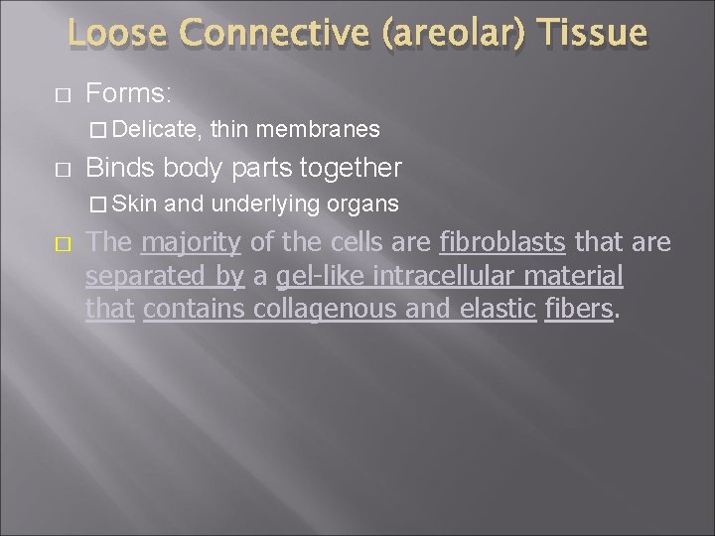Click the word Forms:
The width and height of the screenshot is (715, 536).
tap(130, 94)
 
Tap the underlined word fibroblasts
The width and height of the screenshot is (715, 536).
tap(501, 242)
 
